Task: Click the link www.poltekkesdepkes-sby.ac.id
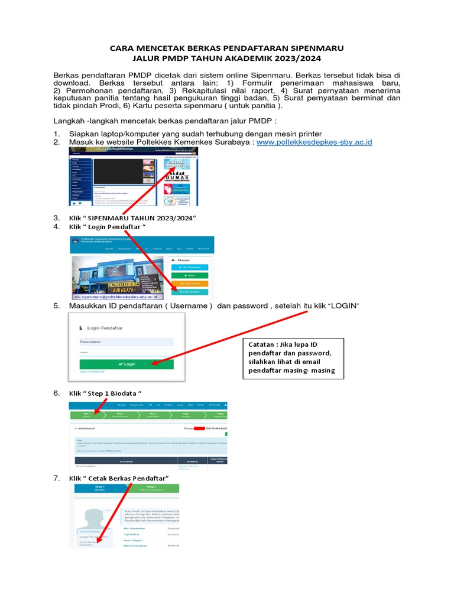pyautogui.click(x=314, y=143)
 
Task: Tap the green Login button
pyautogui.click(x=127, y=364)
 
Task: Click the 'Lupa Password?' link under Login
pyautogui.click(x=92, y=372)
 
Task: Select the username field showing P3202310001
pyautogui.click(x=127, y=341)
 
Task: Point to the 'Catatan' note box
pyautogui.click(x=293, y=357)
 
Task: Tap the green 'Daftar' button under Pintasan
pyautogui.click(x=190, y=275)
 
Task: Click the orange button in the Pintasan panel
pyautogui.click(x=190, y=284)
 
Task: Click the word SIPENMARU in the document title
pyautogui.click(x=316, y=48)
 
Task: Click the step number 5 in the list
pyautogui.click(x=57, y=305)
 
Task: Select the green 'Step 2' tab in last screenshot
pyautogui.click(x=151, y=488)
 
